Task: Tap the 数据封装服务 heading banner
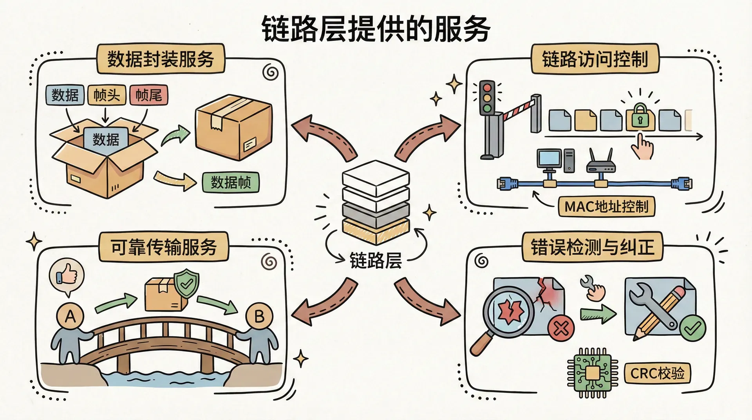161,59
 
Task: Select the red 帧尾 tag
148,95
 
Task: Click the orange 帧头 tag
107,95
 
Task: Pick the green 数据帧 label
231,182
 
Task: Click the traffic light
487,98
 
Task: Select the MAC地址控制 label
606,206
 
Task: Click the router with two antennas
600,164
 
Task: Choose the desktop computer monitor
549,158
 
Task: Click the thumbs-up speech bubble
67,275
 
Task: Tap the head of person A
70,316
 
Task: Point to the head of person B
258,316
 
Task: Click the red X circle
561,328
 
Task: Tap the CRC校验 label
657,373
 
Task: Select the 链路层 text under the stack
375,261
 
